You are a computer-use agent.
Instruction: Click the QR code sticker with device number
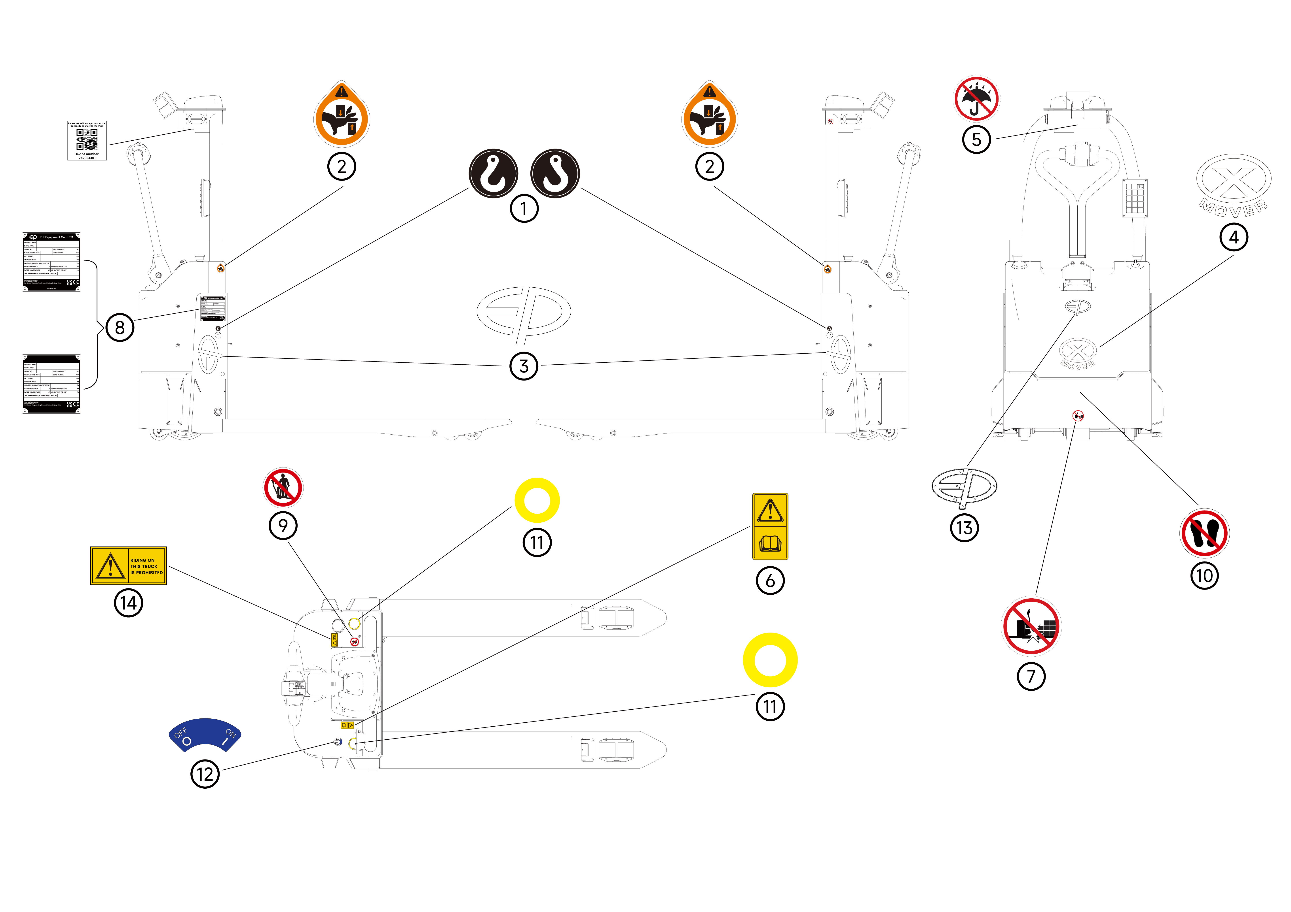[87, 140]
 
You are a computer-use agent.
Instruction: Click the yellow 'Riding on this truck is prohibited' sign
[129, 565]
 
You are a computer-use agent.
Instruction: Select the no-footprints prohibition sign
[1204, 533]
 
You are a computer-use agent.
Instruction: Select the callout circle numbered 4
[1234, 237]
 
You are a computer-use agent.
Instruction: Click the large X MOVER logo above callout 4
[1234, 185]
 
